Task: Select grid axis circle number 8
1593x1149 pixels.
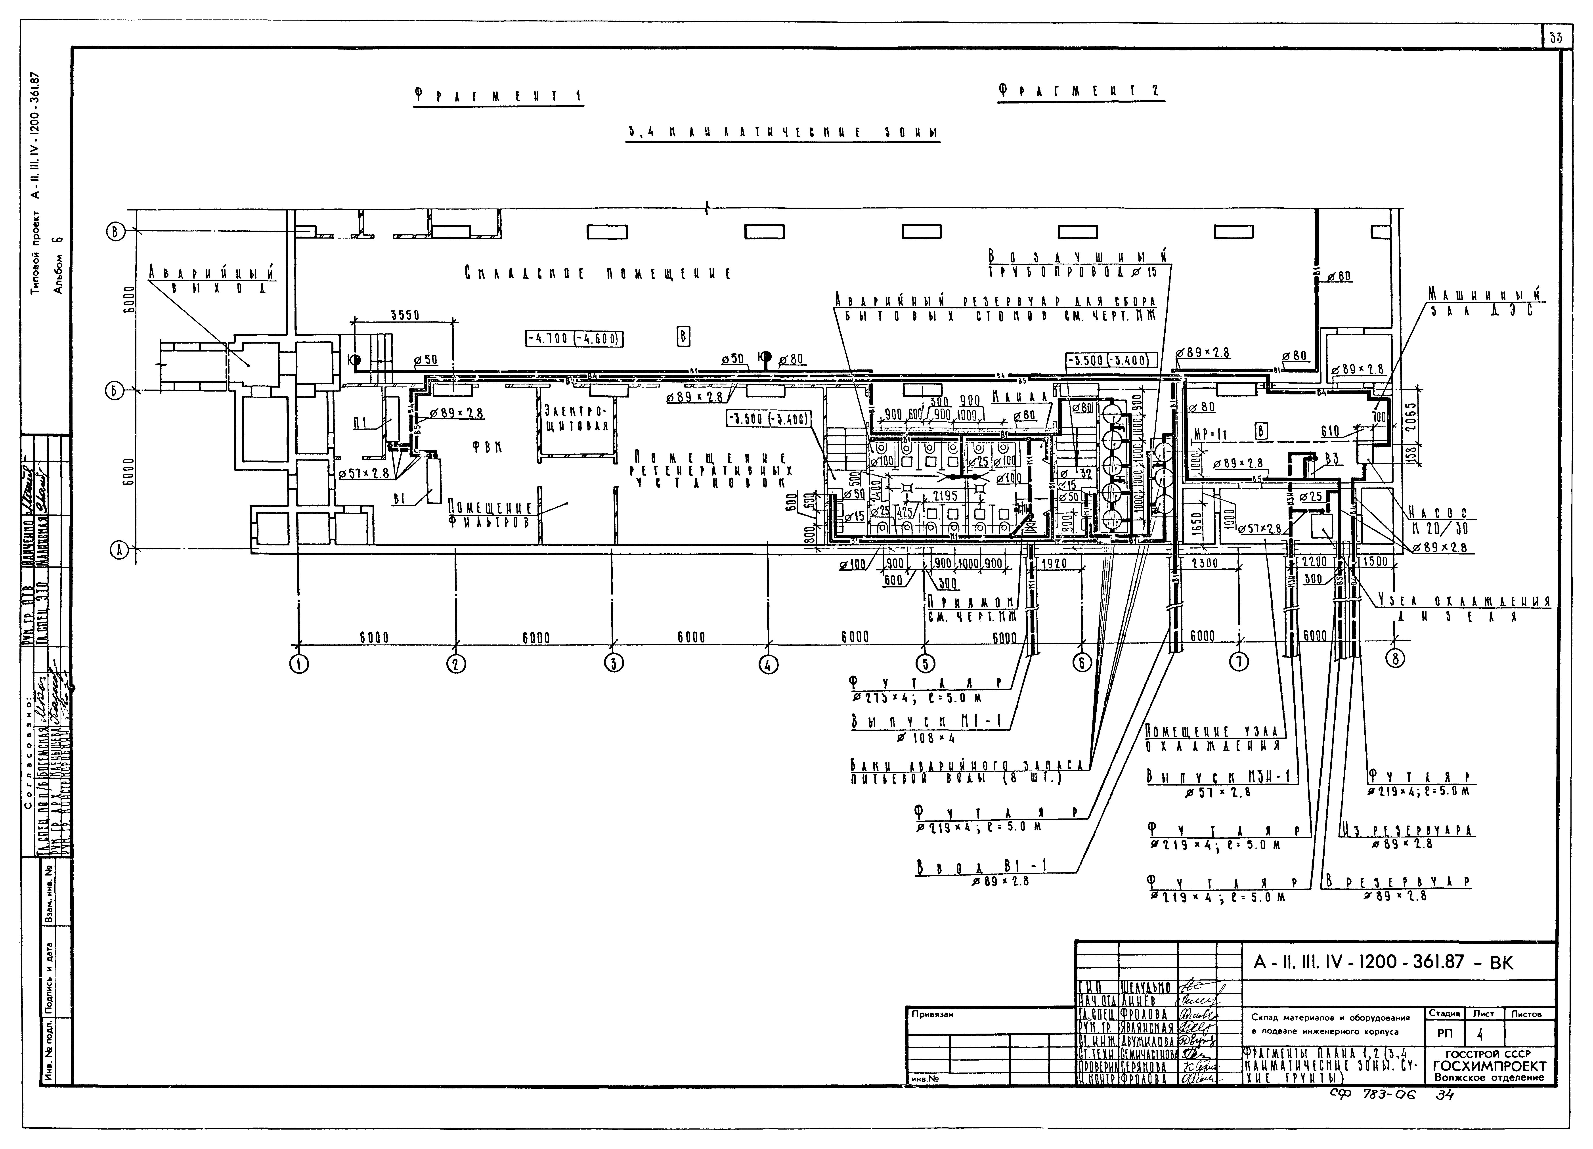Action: pyautogui.click(x=1396, y=658)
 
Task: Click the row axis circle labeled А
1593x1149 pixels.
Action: pyautogui.click(x=119, y=551)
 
